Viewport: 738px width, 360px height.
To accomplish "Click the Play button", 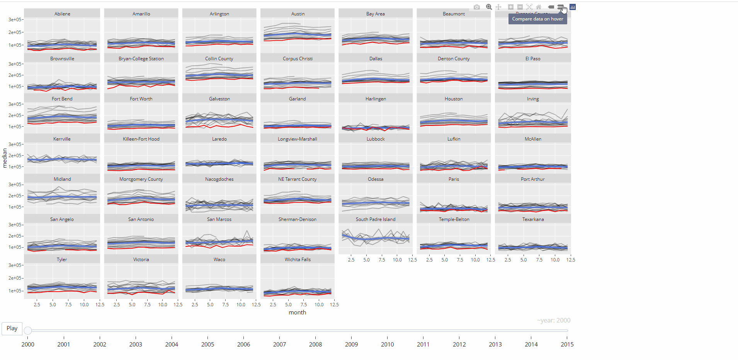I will (x=12, y=328).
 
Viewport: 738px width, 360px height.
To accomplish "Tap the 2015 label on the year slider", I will (x=567, y=344).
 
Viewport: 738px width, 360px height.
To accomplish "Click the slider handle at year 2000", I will (x=28, y=331).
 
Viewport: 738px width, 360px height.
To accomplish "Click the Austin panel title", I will (x=298, y=14).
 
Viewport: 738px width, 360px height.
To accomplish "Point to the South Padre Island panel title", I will (x=376, y=219).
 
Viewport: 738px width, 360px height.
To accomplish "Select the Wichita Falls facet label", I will (x=298, y=260).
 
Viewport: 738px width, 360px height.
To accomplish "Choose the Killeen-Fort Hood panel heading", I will (x=141, y=139).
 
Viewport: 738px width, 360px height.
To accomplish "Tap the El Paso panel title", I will (x=533, y=59).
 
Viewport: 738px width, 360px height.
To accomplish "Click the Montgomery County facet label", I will (x=141, y=179).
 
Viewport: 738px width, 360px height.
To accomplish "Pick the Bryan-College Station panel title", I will (x=141, y=59).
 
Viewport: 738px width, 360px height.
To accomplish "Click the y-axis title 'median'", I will (x=5, y=158).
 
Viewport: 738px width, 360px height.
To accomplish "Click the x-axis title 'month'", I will (x=297, y=312).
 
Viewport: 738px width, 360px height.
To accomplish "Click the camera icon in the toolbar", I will (x=477, y=7).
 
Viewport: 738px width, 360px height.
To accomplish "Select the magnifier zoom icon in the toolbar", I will (x=489, y=7).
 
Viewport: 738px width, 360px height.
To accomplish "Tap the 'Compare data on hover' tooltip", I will (x=537, y=19).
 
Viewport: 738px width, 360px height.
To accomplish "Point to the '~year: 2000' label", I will (x=553, y=321).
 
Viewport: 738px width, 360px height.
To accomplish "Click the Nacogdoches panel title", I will (x=219, y=179).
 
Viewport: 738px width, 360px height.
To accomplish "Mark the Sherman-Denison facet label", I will (x=298, y=219).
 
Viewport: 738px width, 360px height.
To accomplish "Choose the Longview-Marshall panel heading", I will (x=298, y=139).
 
